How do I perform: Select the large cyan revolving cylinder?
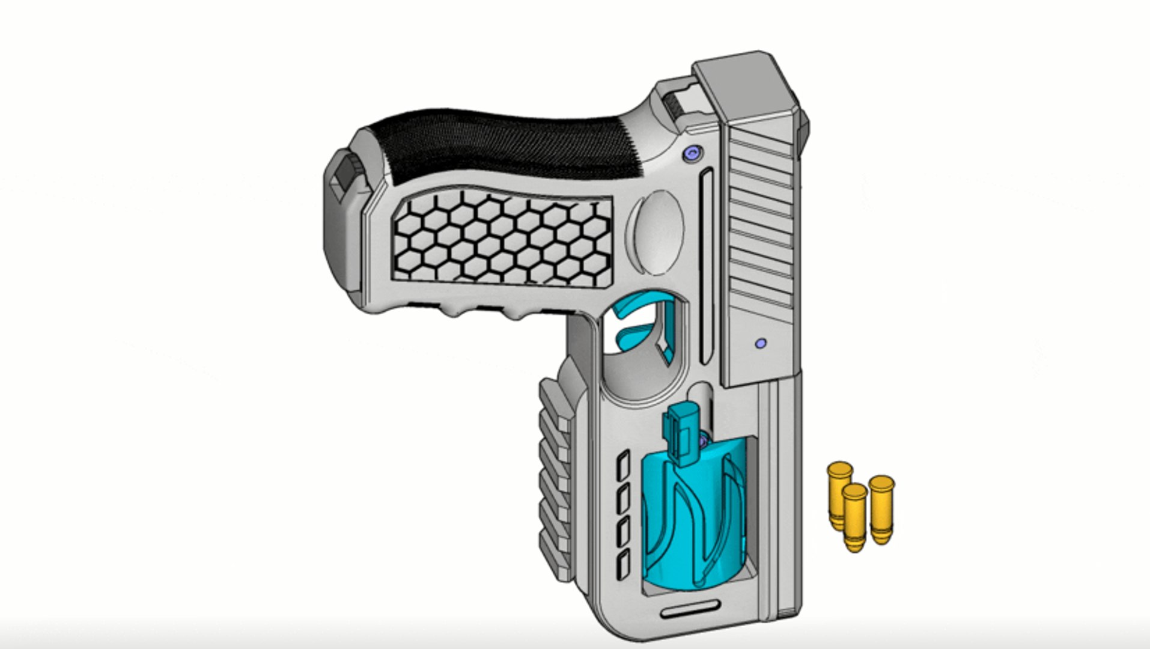[x=691, y=517]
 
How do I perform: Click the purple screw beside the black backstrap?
[x=692, y=154]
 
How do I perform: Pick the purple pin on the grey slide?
[x=760, y=344]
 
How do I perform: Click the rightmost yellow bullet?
[x=881, y=508]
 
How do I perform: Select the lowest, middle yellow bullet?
[x=854, y=517]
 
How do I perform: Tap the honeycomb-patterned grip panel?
[x=502, y=240]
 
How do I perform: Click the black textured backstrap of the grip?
[x=511, y=144]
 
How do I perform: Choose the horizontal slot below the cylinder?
[x=691, y=612]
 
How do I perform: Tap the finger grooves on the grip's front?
[x=481, y=310]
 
